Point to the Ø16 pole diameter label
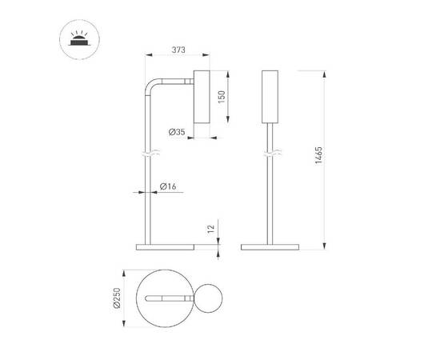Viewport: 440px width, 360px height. click(168, 186)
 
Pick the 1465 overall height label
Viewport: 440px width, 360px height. click(318, 156)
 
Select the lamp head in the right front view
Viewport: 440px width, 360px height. click(270, 97)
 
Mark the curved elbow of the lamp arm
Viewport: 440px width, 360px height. click(150, 86)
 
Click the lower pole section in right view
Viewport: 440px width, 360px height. click(270, 200)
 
